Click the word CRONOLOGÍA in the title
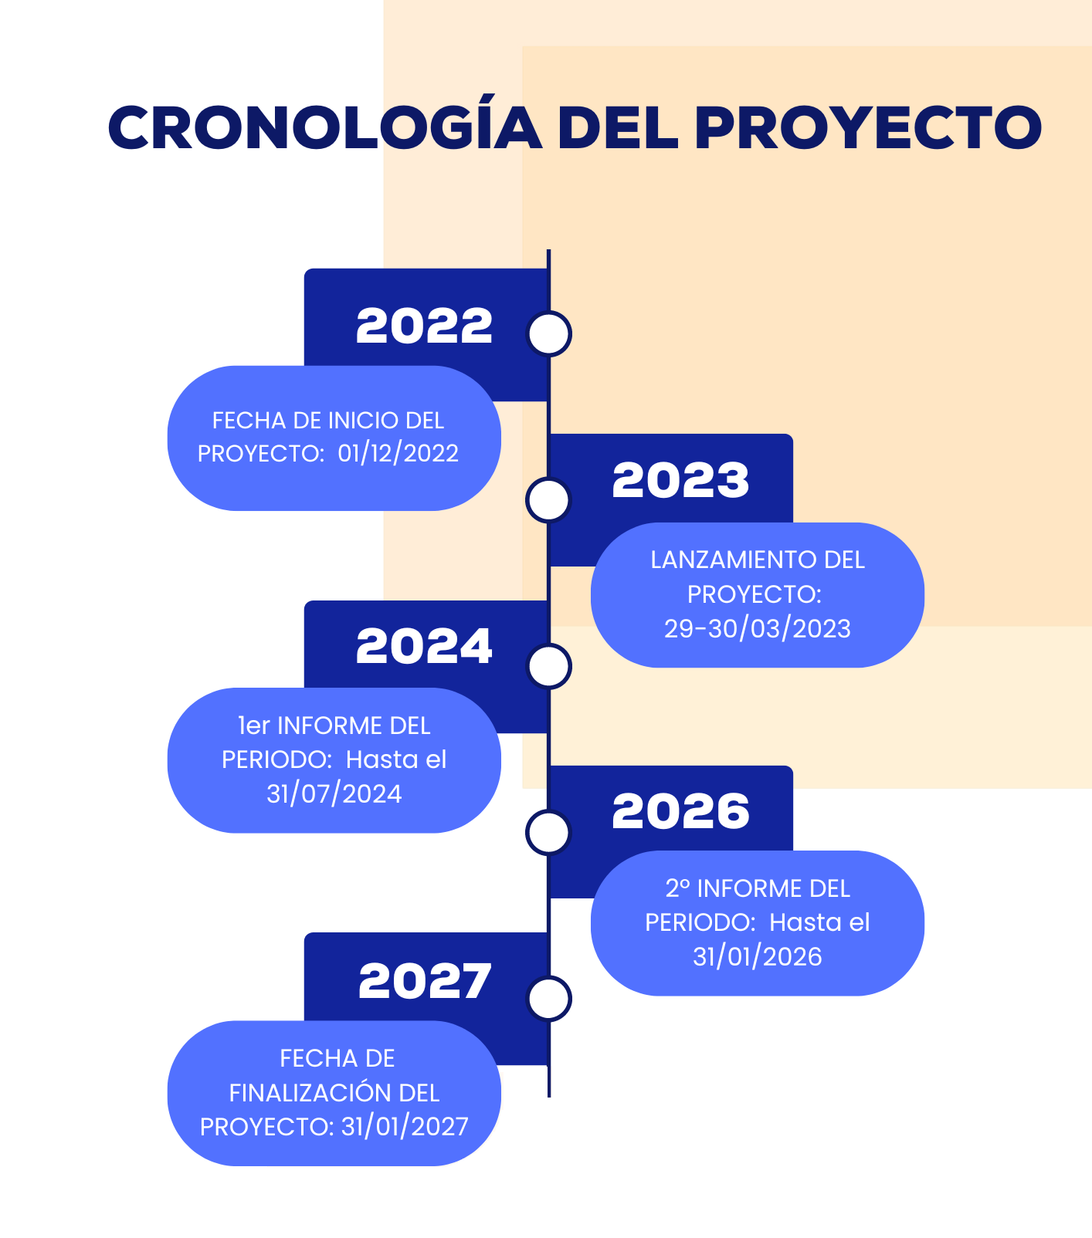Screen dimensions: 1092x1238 (x=325, y=127)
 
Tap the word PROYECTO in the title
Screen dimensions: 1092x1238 (x=869, y=127)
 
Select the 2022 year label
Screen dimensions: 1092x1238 (x=424, y=326)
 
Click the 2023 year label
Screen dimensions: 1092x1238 (x=680, y=480)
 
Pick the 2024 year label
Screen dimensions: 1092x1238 (x=424, y=646)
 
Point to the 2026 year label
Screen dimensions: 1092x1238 (x=680, y=812)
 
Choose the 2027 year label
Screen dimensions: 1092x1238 (x=425, y=981)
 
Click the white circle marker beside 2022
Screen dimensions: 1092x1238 (x=549, y=333)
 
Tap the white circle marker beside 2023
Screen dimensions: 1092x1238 (x=548, y=500)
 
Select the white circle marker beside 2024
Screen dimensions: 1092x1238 (x=549, y=666)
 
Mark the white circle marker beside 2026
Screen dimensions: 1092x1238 (x=548, y=833)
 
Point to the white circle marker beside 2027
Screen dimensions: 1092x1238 (x=549, y=999)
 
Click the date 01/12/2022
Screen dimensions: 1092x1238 (x=398, y=453)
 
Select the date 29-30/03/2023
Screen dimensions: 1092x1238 (x=758, y=629)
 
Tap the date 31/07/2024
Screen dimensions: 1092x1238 (x=334, y=794)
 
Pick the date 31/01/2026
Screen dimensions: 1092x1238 (x=758, y=957)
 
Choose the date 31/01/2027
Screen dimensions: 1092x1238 (x=405, y=1127)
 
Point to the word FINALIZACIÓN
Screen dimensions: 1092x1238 (x=310, y=1092)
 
